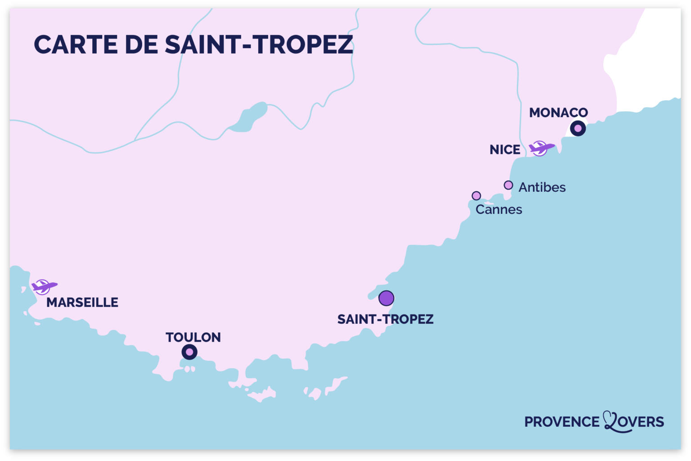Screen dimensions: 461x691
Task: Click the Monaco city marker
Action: (x=578, y=129)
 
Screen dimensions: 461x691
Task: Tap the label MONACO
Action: (x=558, y=113)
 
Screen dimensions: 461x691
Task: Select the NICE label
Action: (x=505, y=149)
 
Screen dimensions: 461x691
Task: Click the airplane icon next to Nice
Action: (x=541, y=148)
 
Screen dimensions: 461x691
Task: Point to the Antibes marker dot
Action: (x=508, y=185)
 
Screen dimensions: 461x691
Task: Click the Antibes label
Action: (x=542, y=187)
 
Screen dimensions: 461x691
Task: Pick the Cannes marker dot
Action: (x=476, y=196)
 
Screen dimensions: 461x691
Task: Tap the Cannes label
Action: (x=499, y=210)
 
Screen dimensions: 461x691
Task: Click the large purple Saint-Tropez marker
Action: (x=386, y=298)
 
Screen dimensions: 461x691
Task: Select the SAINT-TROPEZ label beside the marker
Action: (x=386, y=319)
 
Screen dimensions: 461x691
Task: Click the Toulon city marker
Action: (x=189, y=352)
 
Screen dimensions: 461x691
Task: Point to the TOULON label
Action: (x=193, y=337)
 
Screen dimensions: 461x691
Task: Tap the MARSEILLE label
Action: (x=82, y=303)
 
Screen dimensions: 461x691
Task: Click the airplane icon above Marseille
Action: (x=44, y=286)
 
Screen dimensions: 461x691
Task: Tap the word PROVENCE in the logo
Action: (x=562, y=422)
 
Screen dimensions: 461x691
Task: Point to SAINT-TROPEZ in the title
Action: (x=259, y=45)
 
